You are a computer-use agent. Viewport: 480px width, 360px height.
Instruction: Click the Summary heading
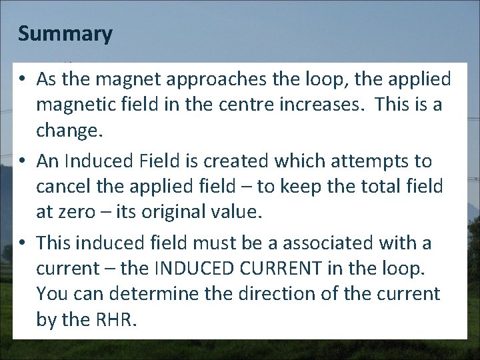(x=65, y=33)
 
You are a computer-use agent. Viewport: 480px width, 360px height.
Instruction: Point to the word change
(x=69, y=130)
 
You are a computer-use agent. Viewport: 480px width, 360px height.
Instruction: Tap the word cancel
(x=64, y=186)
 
